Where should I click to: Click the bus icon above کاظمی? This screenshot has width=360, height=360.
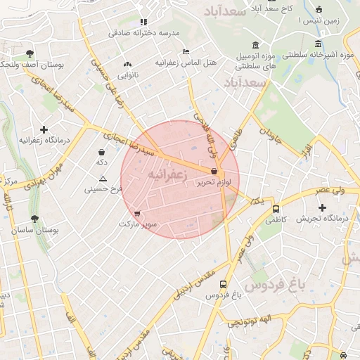click(x=276, y=209)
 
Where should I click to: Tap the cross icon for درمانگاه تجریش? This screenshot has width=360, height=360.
click(x=322, y=207)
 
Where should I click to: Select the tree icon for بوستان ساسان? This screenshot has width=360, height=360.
click(x=34, y=219)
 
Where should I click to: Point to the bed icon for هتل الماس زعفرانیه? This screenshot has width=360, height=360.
click(x=186, y=52)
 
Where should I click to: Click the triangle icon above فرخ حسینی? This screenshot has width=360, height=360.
click(x=103, y=179)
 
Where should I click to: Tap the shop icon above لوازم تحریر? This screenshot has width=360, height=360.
click(x=214, y=171)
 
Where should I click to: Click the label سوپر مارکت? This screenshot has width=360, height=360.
click(x=138, y=224)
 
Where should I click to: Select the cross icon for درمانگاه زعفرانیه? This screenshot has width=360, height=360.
click(x=44, y=129)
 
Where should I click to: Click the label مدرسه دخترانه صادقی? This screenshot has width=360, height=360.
click(x=143, y=32)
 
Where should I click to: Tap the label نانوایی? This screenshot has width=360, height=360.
click(x=127, y=74)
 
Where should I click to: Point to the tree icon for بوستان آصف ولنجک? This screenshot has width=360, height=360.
click(x=29, y=53)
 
